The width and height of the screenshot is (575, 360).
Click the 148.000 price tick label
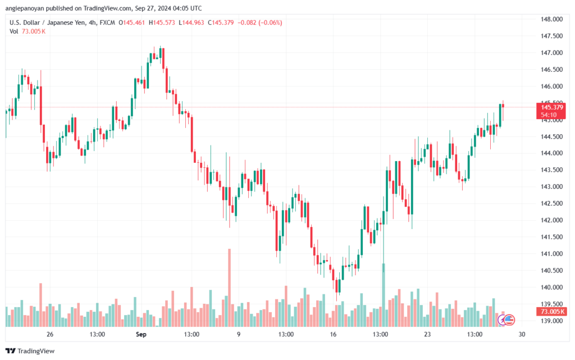tap(551, 20)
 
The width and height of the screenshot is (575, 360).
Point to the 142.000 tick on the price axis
tap(551, 220)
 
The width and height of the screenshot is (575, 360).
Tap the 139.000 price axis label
tap(551, 321)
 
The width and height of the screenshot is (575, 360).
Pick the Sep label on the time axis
tap(141, 334)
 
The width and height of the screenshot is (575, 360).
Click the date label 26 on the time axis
tap(50, 334)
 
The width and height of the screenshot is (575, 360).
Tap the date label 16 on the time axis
tap(333, 334)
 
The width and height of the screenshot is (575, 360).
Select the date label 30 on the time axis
tap(522, 334)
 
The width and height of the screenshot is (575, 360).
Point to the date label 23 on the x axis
tap(427, 334)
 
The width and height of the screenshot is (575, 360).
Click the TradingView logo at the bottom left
tap(30, 351)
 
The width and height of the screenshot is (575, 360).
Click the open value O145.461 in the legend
tap(131, 22)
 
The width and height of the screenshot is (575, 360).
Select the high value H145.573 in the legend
tap(162, 22)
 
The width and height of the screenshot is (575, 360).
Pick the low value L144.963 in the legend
tap(191, 22)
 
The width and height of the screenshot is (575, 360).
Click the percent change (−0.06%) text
tap(270, 22)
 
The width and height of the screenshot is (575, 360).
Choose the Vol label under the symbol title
tap(14, 31)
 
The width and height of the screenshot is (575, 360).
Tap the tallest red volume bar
tap(230, 288)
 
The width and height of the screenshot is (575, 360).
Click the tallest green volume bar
tap(384, 295)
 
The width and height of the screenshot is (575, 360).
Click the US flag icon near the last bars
tap(509, 320)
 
